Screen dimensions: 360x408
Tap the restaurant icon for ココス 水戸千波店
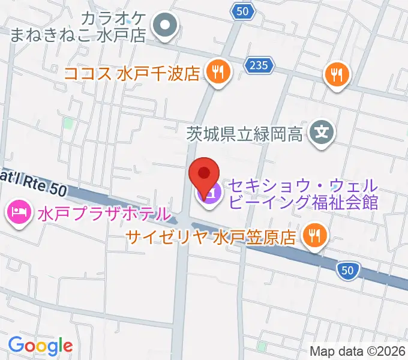click(216, 73)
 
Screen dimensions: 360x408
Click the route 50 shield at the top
click(242, 11)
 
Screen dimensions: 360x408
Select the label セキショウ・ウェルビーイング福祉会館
click(302, 193)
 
